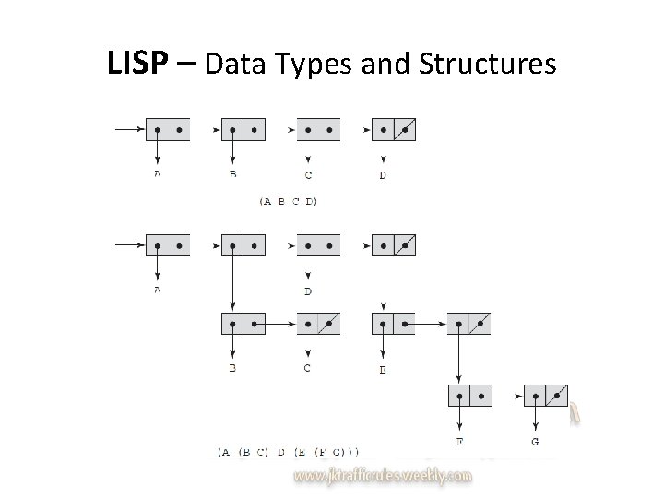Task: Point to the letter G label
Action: [536, 443]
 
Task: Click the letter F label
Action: [459, 443]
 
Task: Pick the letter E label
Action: [383, 371]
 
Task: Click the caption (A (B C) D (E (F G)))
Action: [290, 452]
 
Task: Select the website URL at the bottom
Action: [383, 476]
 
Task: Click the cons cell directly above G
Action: [546, 396]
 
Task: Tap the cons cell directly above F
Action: [469, 396]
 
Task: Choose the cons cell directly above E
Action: [393, 324]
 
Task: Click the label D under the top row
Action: [383, 175]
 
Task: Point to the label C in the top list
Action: [307, 175]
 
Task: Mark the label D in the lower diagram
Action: [307, 291]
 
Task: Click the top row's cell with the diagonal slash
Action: [394, 129]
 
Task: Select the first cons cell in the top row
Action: [168, 129]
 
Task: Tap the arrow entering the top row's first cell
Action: [129, 129]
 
